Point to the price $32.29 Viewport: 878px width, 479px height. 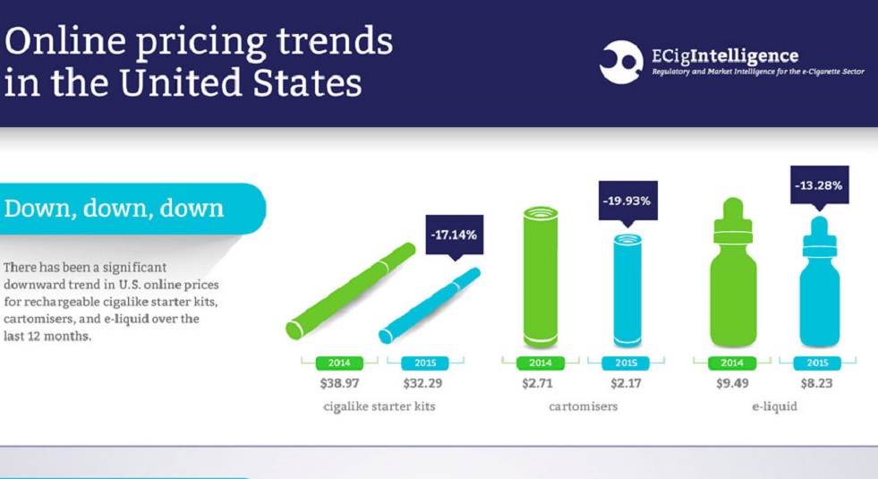424,382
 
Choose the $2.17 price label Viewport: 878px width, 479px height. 626,382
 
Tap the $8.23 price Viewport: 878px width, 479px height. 817,382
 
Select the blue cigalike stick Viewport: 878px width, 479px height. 430,304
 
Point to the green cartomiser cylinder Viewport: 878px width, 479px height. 541,278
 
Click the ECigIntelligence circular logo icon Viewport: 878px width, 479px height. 621,62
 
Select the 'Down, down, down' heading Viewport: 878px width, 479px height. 114,209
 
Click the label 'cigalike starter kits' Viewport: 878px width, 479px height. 379,406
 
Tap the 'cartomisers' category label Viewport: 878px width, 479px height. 584,406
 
